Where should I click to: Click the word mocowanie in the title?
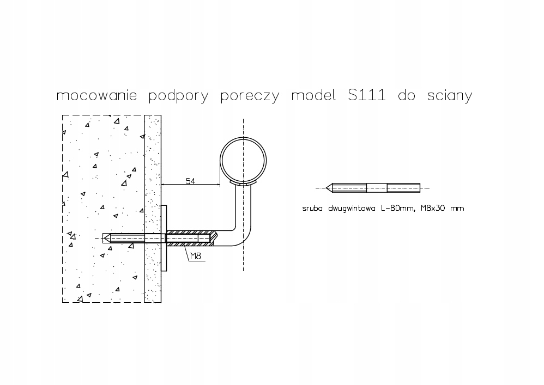pyautogui.click(x=97, y=95)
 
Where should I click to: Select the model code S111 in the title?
pyautogui.click(x=367, y=95)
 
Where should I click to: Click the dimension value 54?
pyautogui.click(x=190, y=181)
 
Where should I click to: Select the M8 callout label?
pyautogui.click(x=196, y=256)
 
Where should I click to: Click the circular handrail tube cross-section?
pyautogui.click(x=243, y=137)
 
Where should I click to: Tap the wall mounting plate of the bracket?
pyautogui.click(x=164, y=238)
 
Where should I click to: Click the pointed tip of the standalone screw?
pyautogui.click(x=327, y=188)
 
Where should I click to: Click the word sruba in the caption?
pyautogui.click(x=312, y=208)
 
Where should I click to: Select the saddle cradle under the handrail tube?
pyautogui.click(x=243, y=182)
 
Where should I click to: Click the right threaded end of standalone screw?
pyautogui.click(x=403, y=188)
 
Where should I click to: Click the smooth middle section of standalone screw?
pyautogui.click(x=377, y=188)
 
